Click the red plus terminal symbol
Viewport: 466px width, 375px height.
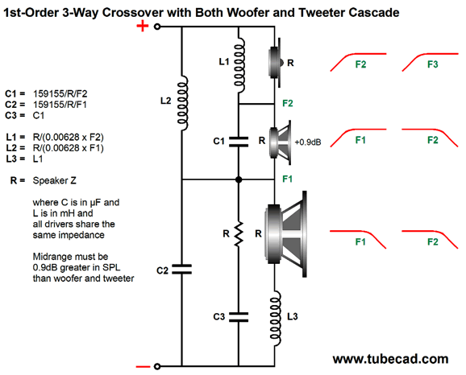[143, 26]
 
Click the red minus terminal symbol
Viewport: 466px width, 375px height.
[143, 367]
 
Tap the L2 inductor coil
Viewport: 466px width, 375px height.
[182, 103]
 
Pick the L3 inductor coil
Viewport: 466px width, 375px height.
[275, 318]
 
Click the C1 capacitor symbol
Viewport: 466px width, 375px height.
[239, 142]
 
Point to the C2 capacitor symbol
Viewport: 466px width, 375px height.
[182, 269]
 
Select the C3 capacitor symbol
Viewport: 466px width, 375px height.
[239, 317]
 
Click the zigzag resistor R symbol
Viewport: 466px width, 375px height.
[239, 233]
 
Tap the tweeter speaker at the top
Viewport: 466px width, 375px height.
[275, 63]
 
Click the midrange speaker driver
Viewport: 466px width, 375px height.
[280, 142]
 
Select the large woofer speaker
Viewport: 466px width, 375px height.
[286, 234]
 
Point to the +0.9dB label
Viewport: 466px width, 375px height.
[308, 142]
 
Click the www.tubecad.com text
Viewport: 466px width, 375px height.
[390, 359]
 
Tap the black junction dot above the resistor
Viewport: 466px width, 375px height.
[239, 179]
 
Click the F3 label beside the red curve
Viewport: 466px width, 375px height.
[433, 64]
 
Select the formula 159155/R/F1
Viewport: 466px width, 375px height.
[60, 105]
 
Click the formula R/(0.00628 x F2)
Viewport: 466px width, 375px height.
[69, 137]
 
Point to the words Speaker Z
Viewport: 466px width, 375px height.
[54, 180]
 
